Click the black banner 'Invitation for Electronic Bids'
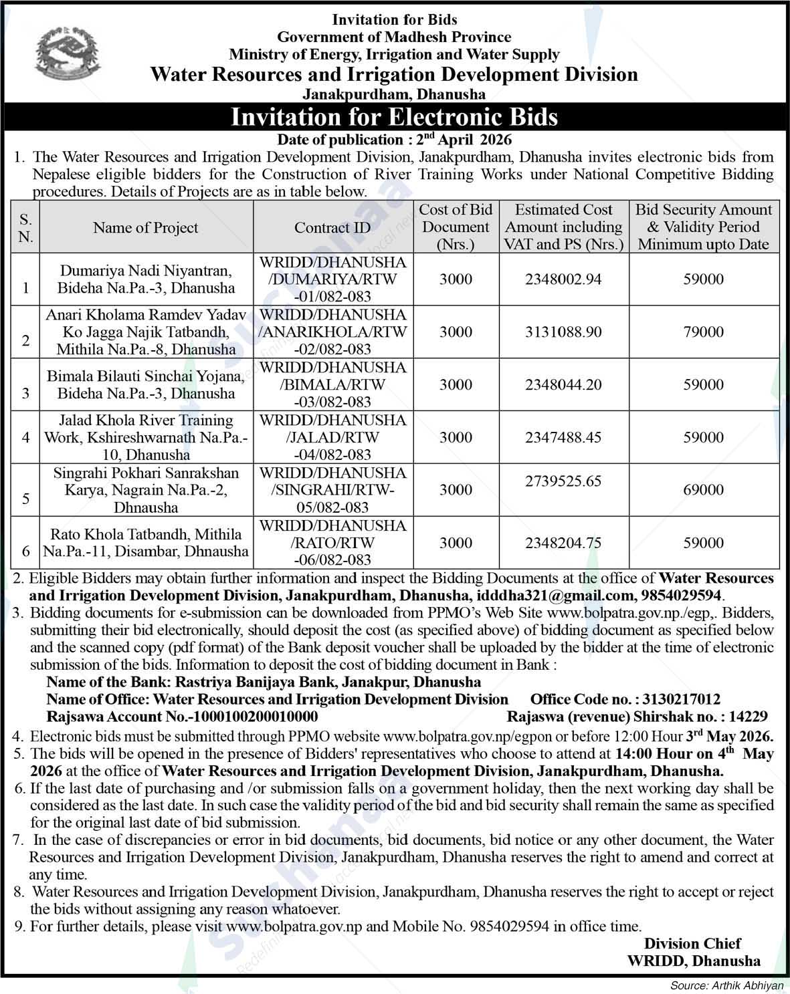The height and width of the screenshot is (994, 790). click(x=394, y=117)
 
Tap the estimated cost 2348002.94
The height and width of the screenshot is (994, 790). click(x=563, y=279)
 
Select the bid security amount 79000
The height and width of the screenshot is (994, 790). click(x=703, y=332)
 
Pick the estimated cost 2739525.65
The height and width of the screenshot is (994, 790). click(x=563, y=481)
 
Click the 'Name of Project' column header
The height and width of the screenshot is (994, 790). click(x=146, y=228)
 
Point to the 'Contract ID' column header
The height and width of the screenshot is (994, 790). click(x=332, y=228)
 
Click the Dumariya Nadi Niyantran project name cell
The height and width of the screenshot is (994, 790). click(x=146, y=279)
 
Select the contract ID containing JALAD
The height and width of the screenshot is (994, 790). click(x=332, y=437)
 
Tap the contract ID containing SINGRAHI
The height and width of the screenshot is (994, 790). click(x=332, y=490)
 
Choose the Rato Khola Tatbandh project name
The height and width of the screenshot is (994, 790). click(x=146, y=543)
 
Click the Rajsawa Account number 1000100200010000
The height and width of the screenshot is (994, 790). click(x=255, y=717)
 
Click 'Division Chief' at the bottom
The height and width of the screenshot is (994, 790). click(x=692, y=944)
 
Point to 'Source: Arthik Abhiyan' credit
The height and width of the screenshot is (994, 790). click(x=726, y=985)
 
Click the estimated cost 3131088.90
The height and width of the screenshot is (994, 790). click(x=563, y=332)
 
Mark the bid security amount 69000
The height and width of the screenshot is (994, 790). click(x=703, y=490)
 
